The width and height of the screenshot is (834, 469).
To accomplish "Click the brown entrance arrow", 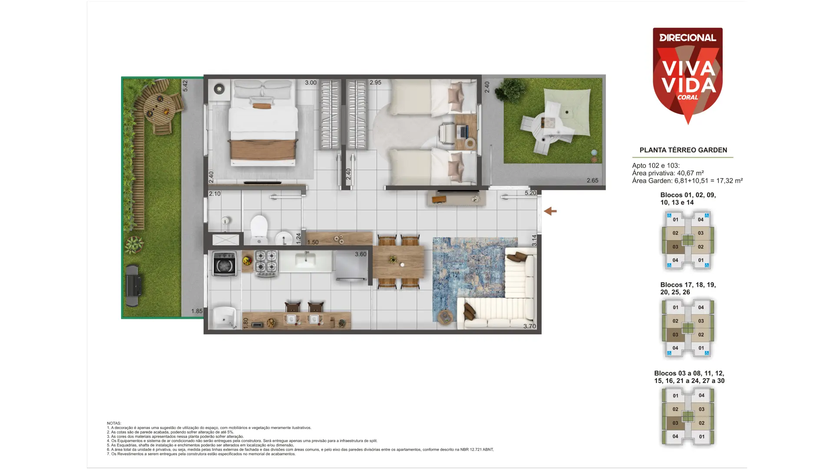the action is [x=550, y=211].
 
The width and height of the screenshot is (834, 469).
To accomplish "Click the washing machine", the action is [x=225, y=264].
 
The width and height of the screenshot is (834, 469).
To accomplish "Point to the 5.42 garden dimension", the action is [x=185, y=86].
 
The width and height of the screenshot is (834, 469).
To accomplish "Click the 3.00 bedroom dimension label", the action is [x=311, y=83].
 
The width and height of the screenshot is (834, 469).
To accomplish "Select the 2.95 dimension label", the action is [x=375, y=83].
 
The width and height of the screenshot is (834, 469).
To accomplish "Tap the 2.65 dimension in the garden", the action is [x=592, y=181].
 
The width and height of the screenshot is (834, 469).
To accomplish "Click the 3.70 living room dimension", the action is [x=530, y=326].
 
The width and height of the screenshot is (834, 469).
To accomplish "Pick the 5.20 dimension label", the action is [x=530, y=193].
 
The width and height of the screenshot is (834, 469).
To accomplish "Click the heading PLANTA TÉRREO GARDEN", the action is [x=683, y=150].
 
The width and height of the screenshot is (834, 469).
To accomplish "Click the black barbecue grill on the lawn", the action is [x=133, y=286].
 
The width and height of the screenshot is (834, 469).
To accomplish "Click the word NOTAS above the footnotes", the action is [x=114, y=423].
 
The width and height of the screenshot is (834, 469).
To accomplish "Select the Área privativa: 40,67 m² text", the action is [x=668, y=173].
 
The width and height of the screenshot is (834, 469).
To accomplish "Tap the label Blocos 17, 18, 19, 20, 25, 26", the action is [x=688, y=288].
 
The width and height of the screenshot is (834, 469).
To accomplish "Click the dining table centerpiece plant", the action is [x=393, y=260].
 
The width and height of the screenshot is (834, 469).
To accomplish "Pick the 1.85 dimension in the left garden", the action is [x=197, y=311].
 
